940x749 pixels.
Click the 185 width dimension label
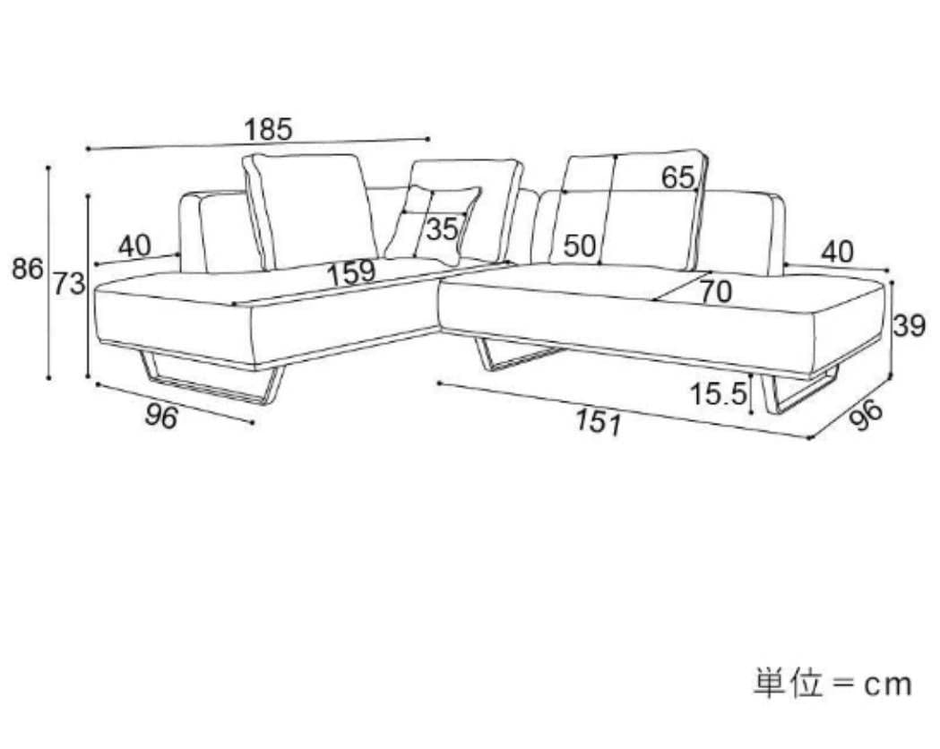coord(268,130)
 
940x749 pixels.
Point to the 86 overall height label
coord(27,268)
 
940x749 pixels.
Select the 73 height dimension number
coord(68,284)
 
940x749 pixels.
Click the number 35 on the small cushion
coord(442,229)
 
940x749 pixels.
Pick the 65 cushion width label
coord(678,177)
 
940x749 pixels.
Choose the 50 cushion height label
coord(580,245)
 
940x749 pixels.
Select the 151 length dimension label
coord(598,420)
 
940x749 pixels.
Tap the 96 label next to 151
coord(865,416)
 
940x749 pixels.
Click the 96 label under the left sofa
coord(162,415)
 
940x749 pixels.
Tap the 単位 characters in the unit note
coord(787,684)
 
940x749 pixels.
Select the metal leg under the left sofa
coord(214,383)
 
